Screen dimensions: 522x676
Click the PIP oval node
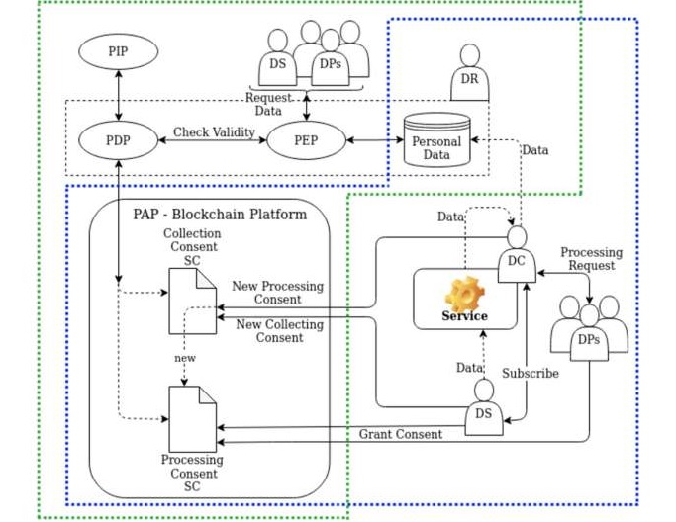coord(119,50)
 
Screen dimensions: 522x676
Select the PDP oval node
coord(119,140)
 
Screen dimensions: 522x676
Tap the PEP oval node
coord(306,140)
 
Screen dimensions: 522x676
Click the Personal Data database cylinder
coord(436,138)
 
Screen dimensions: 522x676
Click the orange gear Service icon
coord(464,294)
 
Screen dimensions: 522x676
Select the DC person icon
coord(516,255)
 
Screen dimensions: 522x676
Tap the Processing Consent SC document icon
coord(192,418)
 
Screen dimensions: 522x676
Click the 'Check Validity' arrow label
coord(214,131)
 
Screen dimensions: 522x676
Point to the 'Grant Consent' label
coord(401,434)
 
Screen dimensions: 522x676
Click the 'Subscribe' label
coord(530,374)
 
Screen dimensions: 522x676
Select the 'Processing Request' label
coord(591,259)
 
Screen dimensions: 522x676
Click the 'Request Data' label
coord(268,105)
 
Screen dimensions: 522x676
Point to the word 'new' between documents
coord(185,358)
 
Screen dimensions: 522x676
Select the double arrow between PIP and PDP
coord(119,96)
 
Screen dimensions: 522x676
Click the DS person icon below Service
coord(483,405)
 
